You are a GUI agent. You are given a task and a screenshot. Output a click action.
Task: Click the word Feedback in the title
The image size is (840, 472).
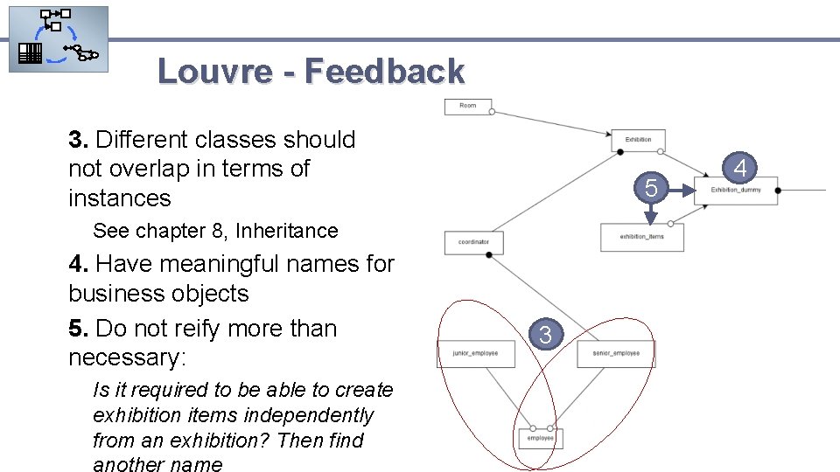pos(384,71)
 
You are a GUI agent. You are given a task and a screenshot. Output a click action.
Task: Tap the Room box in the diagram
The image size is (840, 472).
pos(468,106)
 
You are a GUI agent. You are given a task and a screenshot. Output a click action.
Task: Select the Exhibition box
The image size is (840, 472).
pos(638,140)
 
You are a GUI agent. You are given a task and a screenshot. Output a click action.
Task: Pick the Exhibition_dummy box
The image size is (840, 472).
pos(736,191)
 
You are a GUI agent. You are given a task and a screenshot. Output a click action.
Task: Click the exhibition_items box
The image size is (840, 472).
pos(641,237)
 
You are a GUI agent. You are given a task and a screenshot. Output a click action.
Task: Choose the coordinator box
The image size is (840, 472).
pos(473,242)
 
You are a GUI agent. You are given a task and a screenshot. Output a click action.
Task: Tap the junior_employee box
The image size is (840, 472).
pos(475,353)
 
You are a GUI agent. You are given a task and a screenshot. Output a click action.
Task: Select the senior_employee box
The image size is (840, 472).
pos(616,353)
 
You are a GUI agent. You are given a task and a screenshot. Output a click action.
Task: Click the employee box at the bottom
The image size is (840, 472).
pos(540,438)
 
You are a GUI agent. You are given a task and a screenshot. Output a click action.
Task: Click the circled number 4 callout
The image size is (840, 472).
pos(743,166)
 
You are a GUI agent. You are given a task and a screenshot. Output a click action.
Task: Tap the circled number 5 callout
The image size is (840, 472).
pos(650,187)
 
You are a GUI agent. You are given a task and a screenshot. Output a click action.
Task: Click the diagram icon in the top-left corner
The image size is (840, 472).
pos(58,39)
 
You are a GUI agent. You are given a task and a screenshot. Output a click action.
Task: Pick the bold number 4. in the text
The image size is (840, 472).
pos(79,263)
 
